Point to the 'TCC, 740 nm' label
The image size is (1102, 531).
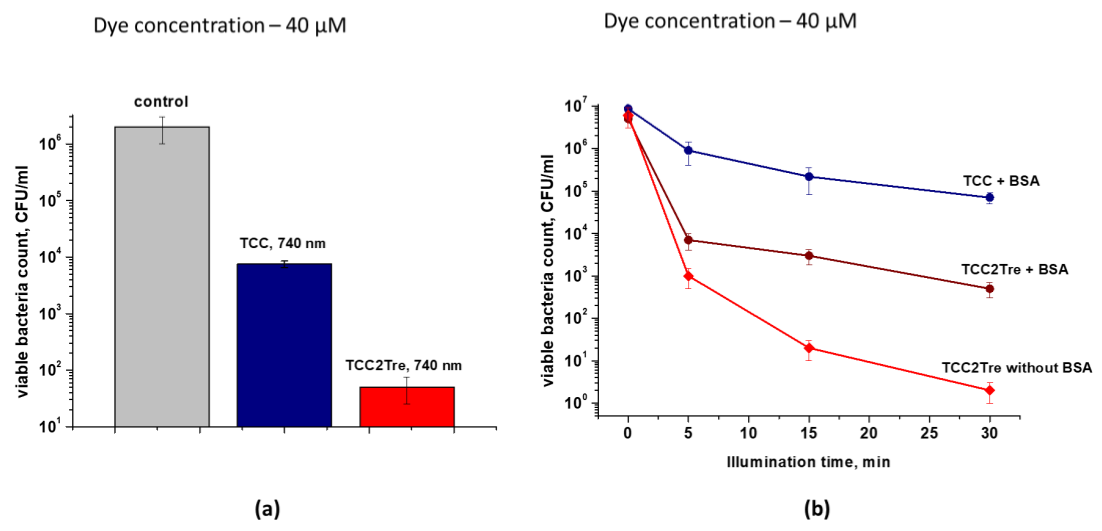[283, 243]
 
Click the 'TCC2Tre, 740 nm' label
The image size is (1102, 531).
[404, 365]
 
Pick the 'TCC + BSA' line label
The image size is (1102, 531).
[1001, 181]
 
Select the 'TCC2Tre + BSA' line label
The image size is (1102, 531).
[1015, 269]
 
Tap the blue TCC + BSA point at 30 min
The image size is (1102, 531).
[989, 197]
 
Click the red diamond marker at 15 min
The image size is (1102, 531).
[809, 348]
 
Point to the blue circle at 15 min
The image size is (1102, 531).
[809, 176]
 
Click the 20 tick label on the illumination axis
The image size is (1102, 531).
[869, 433]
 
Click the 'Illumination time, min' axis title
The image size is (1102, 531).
[809, 462]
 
